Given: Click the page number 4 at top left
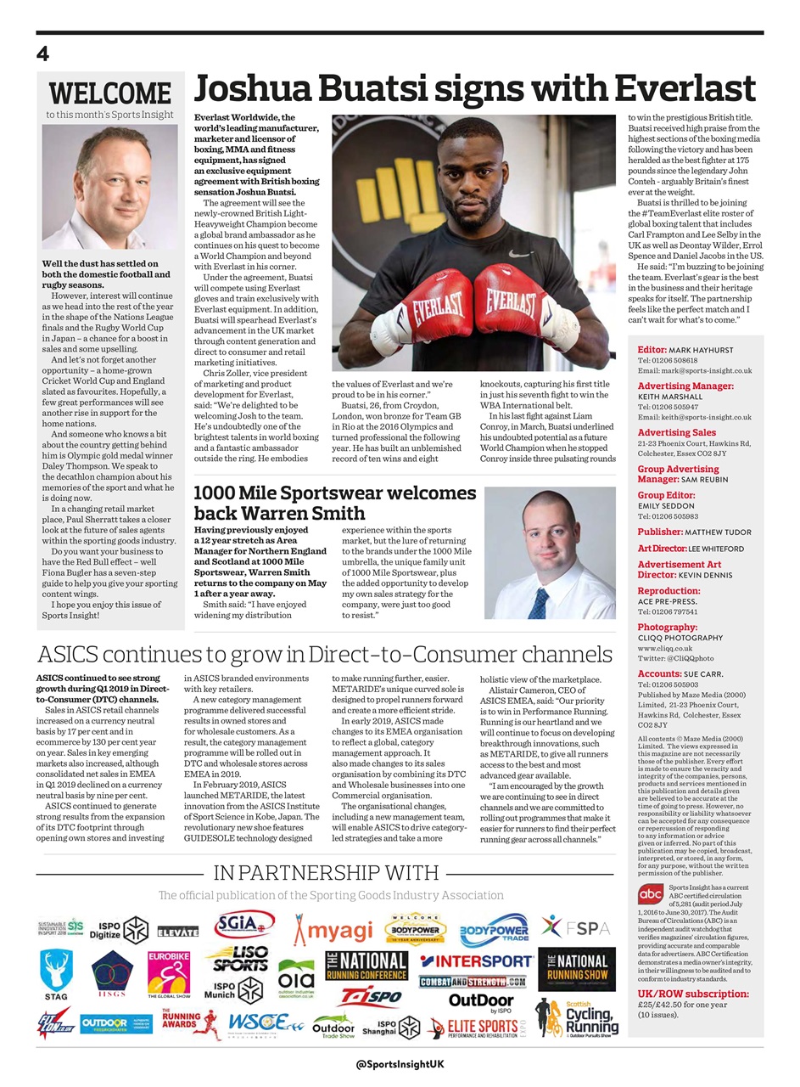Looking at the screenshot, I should click(x=43, y=54).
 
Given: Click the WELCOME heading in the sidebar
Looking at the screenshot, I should click(x=110, y=93).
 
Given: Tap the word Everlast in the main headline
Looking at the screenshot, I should click(x=685, y=89).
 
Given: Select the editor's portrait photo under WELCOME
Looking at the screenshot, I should click(x=110, y=187).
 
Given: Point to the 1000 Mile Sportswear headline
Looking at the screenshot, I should click(x=335, y=503).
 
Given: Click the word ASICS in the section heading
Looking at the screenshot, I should click(x=76, y=655).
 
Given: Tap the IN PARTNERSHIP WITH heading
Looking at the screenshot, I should click(x=326, y=873).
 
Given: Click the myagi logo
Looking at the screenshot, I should click(x=333, y=931).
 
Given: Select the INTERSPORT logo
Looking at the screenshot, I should click(x=476, y=961).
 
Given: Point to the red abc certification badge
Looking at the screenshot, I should click(x=651, y=894).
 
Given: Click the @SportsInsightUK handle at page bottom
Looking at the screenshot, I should click(x=400, y=1064).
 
